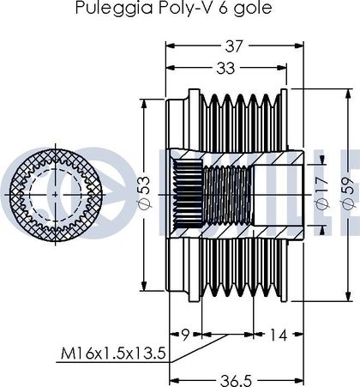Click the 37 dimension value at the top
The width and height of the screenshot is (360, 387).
pos(234,46)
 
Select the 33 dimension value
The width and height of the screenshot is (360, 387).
pos(225,68)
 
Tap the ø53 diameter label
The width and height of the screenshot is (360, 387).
pos(144,191)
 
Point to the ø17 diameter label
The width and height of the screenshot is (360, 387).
pos(322,193)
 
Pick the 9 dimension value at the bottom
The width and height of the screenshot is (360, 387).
pos(186,335)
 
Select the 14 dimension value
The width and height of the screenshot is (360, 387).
pos(278,335)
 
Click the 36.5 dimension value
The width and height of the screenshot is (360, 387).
pos(236,381)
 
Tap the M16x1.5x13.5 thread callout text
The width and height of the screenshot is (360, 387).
pos(113,354)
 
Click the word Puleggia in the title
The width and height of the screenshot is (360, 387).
pos(114,8)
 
